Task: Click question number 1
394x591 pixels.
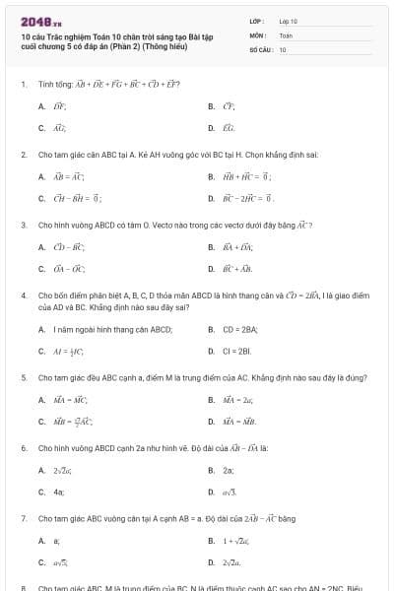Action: (x=23, y=84)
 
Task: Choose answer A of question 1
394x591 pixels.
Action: (x=52, y=104)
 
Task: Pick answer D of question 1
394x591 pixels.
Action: (x=223, y=128)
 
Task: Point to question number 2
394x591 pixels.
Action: (x=23, y=155)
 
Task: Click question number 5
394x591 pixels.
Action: (x=23, y=377)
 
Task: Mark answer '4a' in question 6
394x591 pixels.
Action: (x=58, y=492)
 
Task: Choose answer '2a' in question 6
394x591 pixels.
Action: (x=228, y=470)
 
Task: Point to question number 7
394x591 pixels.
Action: (x=23, y=517)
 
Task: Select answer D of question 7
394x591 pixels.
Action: (x=230, y=562)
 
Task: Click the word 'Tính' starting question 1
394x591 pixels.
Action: (x=44, y=84)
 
